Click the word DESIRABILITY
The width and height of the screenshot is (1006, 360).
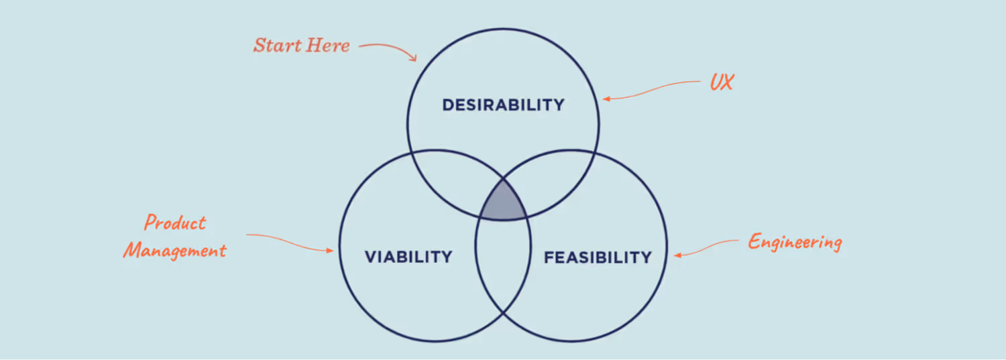coord(503,105)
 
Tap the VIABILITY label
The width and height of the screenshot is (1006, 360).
coord(408,257)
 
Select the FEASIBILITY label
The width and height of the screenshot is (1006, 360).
coord(598,257)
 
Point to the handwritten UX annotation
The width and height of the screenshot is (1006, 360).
coord(722,83)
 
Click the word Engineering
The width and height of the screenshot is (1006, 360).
coord(795,241)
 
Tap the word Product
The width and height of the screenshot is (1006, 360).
coord(176,223)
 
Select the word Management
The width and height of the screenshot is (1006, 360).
coord(175,251)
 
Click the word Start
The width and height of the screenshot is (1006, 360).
coord(276,46)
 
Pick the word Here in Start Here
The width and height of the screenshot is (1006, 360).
coord(327,46)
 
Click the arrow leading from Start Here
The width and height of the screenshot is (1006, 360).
coord(389,48)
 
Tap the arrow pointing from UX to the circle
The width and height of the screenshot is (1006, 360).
coord(651,90)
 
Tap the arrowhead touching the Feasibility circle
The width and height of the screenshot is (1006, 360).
coord(677,255)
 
